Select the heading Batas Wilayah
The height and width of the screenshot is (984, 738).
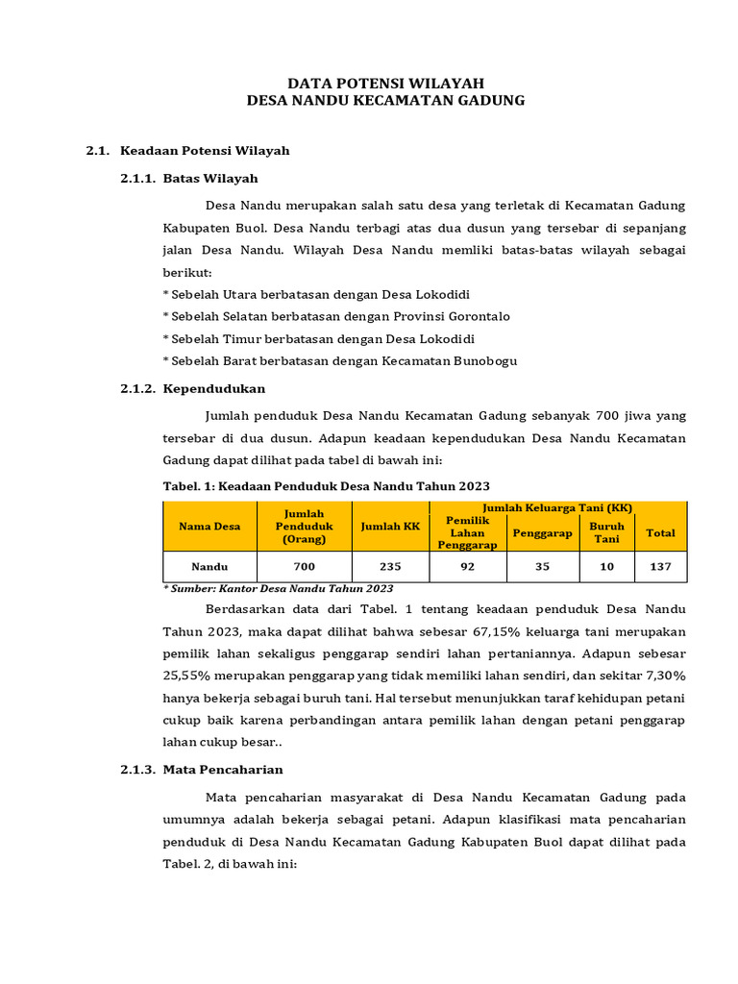pyautogui.click(x=210, y=178)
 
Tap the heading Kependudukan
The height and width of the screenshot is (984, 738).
pyautogui.click(x=214, y=388)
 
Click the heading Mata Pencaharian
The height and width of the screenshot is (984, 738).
pyautogui.click(x=223, y=770)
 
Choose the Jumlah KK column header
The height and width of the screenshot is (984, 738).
pyautogui.click(x=390, y=526)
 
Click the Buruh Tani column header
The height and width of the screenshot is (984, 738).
pyautogui.click(x=606, y=532)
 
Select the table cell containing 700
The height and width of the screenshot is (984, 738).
pyautogui.click(x=304, y=566)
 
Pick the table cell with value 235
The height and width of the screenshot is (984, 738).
pyautogui.click(x=390, y=566)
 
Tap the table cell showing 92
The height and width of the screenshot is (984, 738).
pyautogui.click(x=467, y=566)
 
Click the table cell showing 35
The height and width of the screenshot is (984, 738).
pyautogui.click(x=542, y=566)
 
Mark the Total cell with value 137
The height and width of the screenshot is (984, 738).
pyautogui.click(x=660, y=566)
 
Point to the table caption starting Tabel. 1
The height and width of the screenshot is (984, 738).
pyautogui.click(x=327, y=486)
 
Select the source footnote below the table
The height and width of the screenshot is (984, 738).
pyautogui.click(x=278, y=588)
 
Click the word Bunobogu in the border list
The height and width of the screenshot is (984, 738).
pyautogui.click(x=477, y=360)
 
